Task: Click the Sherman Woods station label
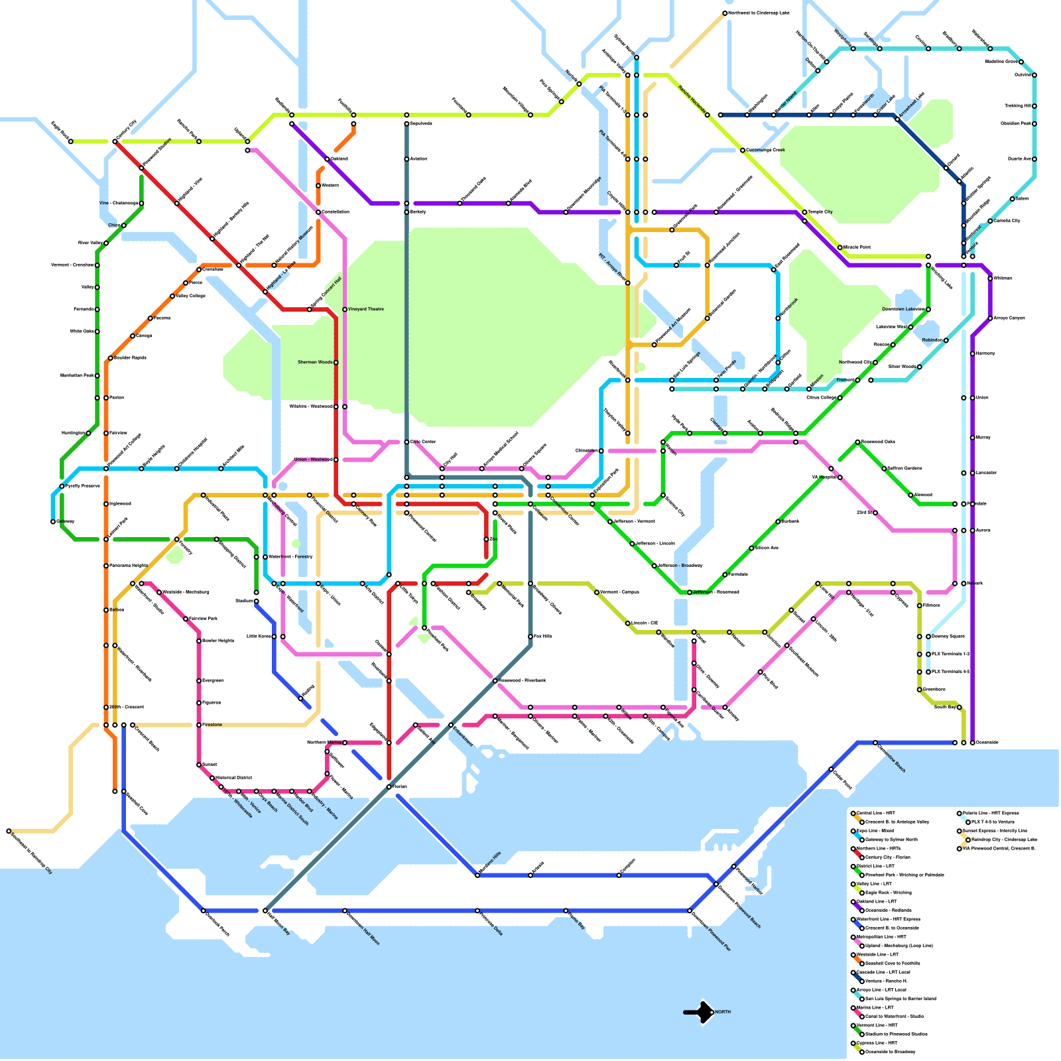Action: [315, 362]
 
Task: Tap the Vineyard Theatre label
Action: [366, 309]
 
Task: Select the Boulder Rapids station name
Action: [130, 357]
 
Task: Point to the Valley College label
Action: [191, 296]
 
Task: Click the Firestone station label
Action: [212, 725]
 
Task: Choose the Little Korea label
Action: [259, 636]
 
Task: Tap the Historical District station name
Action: [233, 777]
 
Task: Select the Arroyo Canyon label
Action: [1009, 318]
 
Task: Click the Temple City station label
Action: [820, 212]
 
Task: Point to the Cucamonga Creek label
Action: [766, 150]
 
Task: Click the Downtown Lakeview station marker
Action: [928, 309]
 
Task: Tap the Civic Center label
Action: [423, 442]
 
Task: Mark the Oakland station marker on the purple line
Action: [327, 159]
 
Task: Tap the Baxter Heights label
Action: [218, 641]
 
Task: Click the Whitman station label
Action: [1003, 278]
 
